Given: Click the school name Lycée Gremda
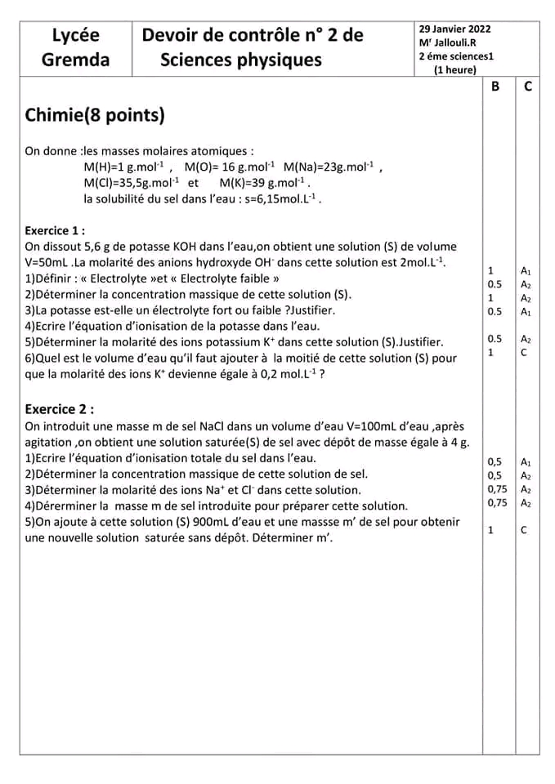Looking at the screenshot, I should point(75,47).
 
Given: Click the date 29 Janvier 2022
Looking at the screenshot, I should point(454,29).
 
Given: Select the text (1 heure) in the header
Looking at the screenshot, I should point(455,70).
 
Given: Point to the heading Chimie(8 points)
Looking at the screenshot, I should point(95,115).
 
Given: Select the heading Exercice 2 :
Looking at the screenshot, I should point(59,408).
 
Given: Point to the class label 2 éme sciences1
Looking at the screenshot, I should point(456,56).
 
